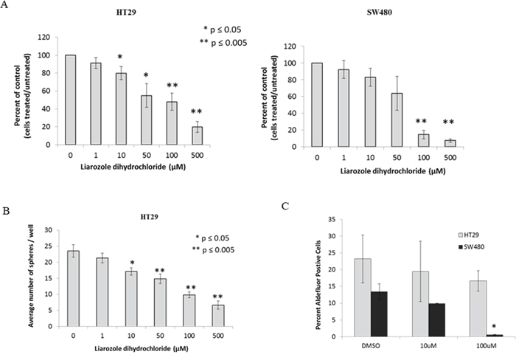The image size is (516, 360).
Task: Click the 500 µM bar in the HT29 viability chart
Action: pos(197,136)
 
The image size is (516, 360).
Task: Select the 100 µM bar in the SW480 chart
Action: pos(424,141)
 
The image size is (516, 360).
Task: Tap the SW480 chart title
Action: pos(380,13)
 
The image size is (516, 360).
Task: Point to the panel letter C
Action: pos(285,206)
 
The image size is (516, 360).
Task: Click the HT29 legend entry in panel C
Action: pos(469,235)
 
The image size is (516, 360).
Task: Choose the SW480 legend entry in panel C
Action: pos(471,246)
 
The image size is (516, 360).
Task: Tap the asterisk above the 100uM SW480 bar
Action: pos(494,327)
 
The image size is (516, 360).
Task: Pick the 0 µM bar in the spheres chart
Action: pos(73,288)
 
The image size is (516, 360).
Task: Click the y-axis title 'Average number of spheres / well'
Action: pos(32,278)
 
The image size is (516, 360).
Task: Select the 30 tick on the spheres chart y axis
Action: pos(49,230)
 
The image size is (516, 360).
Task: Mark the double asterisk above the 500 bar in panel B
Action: pos(217,297)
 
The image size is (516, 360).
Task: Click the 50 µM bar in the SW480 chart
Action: pos(397,120)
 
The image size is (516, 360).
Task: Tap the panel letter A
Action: pos(4,5)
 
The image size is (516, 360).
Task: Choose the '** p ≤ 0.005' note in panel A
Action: pos(223,43)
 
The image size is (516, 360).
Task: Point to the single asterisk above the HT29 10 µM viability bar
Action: pos(120,58)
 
